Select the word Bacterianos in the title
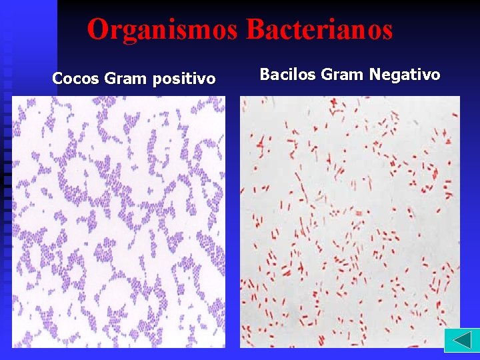[319, 30]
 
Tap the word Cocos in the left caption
[75, 79]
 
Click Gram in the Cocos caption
[126, 79]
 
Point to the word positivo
[184, 79]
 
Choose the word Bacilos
[287, 74]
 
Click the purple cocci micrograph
[119, 221]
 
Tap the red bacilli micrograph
[350, 221]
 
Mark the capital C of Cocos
[57, 79]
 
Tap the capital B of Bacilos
[265, 74]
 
